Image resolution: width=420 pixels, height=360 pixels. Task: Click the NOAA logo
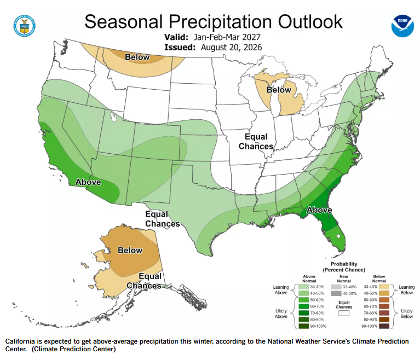pyautogui.click(x=402, y=26)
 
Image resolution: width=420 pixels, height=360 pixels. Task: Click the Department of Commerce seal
pyautogui.click(x=25, y=26)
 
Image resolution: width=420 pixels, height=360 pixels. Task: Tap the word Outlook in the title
pyautogui.click(x=310, y=22)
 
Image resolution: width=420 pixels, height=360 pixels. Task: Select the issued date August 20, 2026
pyautogui.click(x=232, y=48)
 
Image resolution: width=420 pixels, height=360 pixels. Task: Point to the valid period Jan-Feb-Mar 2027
pyautogui.click(x=227, y=37)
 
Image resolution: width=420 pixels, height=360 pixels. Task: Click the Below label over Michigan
pyautogui.click(x=279, y=90)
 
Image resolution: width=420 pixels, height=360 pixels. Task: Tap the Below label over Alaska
pyautogui.click(x=130, y=250)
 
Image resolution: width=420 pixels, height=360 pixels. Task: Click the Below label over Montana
pyautogui.click(x=137, y=57)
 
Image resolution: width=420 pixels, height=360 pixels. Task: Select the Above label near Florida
pyautogui.click(x=319, y=210)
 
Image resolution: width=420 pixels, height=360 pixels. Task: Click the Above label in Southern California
pyautogui.click(x=88, y=182)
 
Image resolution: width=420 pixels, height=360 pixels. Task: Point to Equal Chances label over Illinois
pyautogui.click(x=256, y=141)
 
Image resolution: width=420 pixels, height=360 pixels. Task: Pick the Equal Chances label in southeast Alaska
pyautogui.click(x=144, y=281)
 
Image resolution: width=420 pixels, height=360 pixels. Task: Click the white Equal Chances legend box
pyautogui.click(x=344, y=313)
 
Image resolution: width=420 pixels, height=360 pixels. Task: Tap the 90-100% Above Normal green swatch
pyautogui.click(x=303, y=326)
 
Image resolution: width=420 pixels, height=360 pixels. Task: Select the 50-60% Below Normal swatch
pyautogui.click(x=384, y=300)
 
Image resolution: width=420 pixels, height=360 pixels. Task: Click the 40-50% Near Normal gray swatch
pyautogui.click(x=336, y=293)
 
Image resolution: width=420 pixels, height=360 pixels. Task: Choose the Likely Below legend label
pyautogui.click(x=407, y=313)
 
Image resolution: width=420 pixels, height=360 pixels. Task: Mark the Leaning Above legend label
pyautogui.click(x=281, y=290)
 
